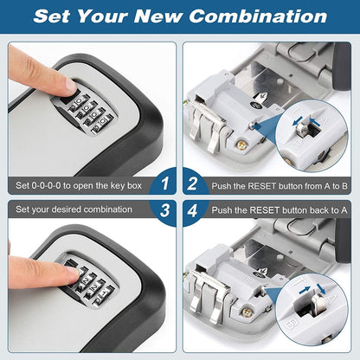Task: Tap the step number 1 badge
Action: (162, 185)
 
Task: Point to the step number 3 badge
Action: (162, 209)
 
